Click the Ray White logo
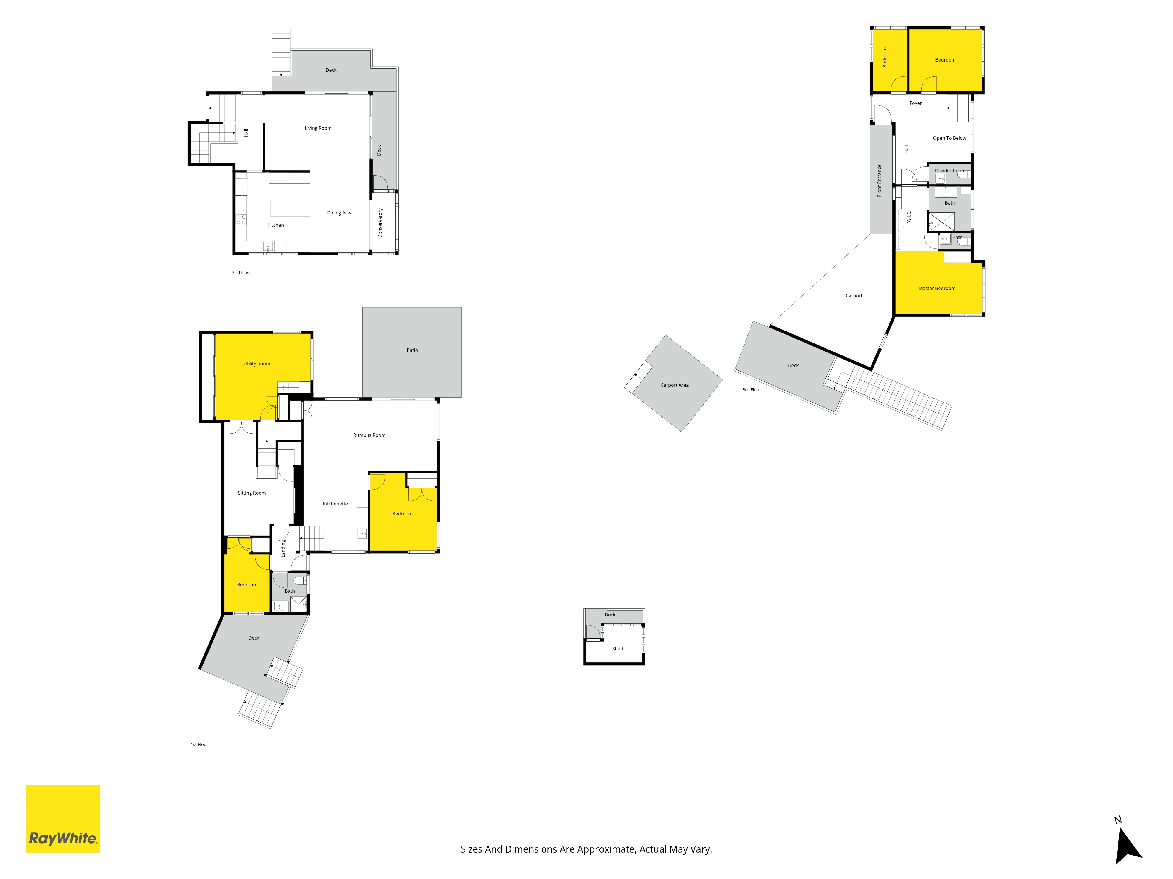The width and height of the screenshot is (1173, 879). (63, 819)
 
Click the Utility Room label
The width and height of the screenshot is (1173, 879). (257, 364)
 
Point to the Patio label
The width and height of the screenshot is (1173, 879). (412, 350)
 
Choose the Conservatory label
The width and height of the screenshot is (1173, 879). (380, 222)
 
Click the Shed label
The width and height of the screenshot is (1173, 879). (617, 648)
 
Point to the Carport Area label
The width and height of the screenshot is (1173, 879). (674, 385)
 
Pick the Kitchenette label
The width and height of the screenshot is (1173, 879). (335, 504)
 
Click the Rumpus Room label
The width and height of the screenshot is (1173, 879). (369, 435)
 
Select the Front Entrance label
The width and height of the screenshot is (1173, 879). (879, 181)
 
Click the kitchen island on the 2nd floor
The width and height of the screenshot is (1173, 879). (290, 208)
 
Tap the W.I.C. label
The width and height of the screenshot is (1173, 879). (909, 217)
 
